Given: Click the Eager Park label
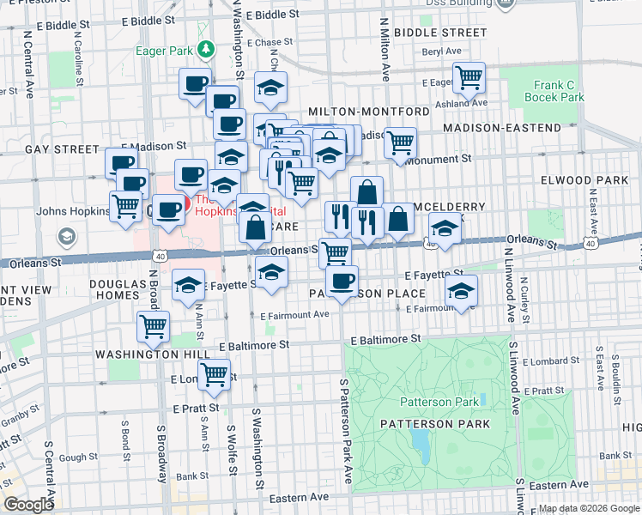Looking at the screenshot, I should [x=163, y=50].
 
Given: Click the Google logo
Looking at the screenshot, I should [x=27, y=505].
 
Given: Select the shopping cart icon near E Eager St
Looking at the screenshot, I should [x=469, y=78].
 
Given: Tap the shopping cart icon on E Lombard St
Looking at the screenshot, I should [x=214, y=373].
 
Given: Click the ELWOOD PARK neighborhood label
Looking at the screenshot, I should [x=591, y=180].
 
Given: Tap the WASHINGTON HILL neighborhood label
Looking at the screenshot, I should [x=141, y=354].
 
